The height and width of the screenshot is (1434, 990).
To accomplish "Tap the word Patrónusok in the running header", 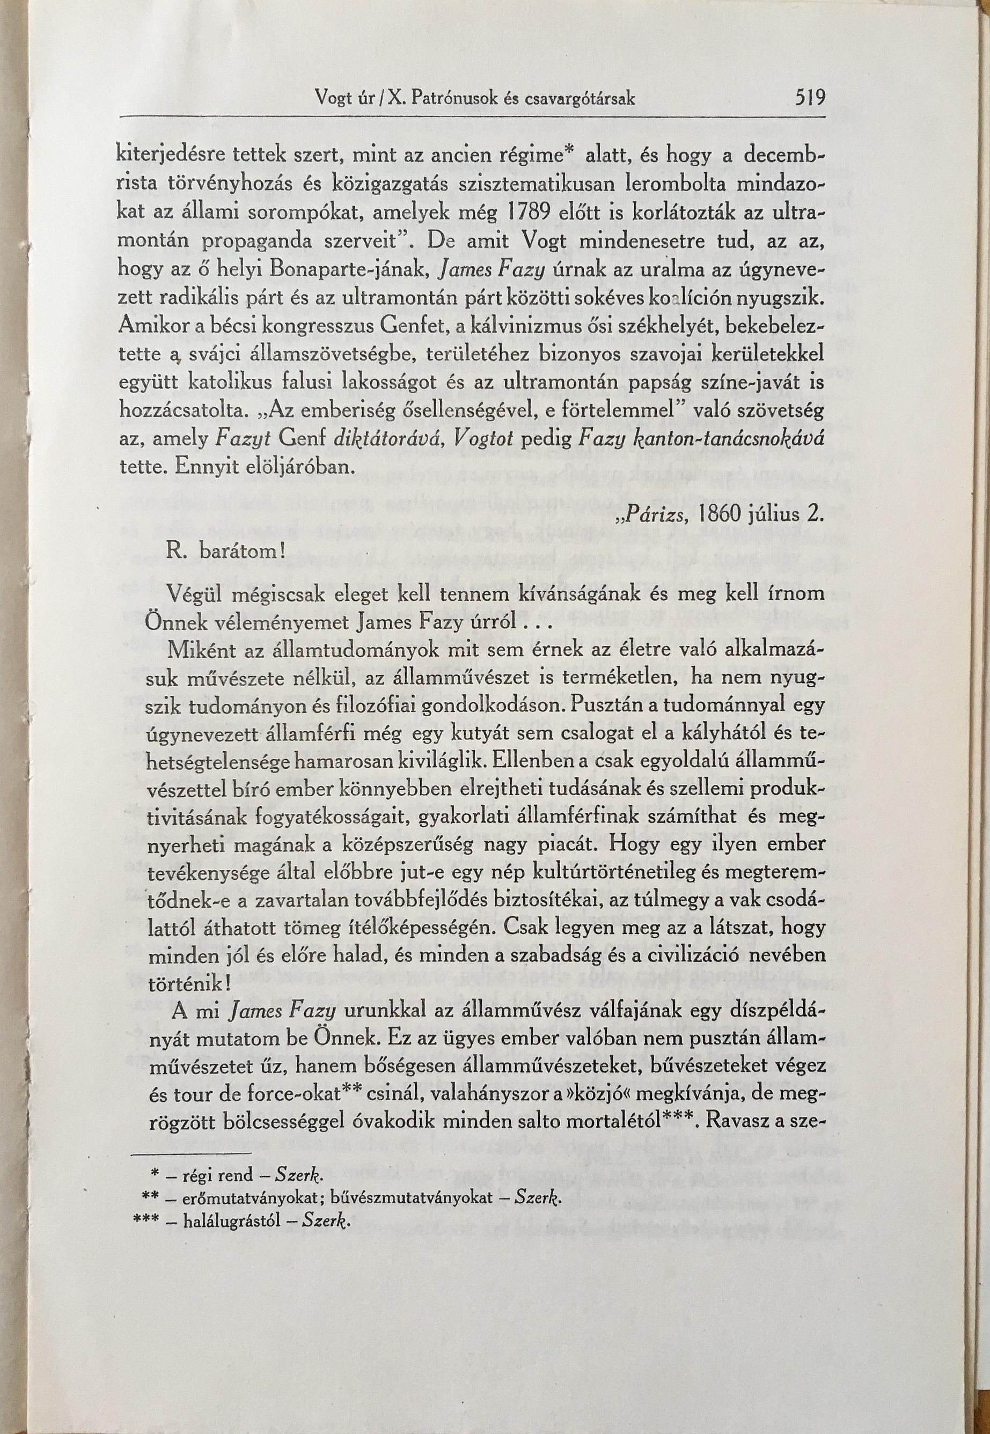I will click(456, 99).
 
